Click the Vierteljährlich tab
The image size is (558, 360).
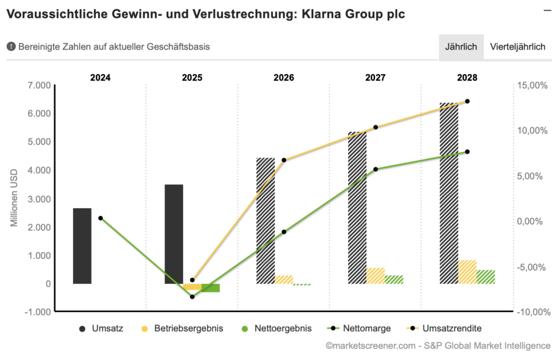tap(517, 47)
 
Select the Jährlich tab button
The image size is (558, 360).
tap(461, 47)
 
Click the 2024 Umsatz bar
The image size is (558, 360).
tap(82, 246)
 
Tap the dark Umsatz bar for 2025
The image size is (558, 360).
tap(174, 234)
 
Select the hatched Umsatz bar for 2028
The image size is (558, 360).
tap(448, 193)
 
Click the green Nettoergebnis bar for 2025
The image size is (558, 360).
tap(210, 288)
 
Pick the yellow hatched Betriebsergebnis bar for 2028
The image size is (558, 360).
tap(467, 272)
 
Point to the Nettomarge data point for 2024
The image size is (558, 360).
tap(101, 218)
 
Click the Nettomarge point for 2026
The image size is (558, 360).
tap(284, 232)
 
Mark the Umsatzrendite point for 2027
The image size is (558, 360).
tap(375, 127)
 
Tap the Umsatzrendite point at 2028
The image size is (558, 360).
tap(467, 101)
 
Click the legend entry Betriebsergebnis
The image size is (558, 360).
tap(183, 328)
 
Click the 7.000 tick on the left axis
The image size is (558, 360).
tap(39, 86)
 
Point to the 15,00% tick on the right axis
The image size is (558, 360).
tap(532, 86)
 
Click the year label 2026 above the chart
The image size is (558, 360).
tap(284, 77)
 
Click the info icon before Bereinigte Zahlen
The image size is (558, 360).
tap(11, 47)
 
